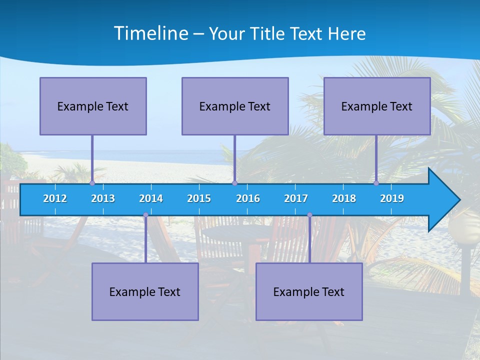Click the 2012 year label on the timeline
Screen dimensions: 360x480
55,198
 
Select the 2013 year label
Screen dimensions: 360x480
103,198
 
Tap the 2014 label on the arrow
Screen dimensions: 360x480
151,198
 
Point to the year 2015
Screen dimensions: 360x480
199,198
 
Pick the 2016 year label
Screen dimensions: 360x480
248,198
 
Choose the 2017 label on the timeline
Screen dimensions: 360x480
296,198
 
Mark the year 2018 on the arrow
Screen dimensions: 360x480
344,198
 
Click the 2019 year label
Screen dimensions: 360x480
392,198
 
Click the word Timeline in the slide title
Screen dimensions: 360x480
150,33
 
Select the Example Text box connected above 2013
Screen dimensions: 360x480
93,106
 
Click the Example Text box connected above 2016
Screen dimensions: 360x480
235,106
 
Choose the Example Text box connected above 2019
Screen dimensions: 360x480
377,106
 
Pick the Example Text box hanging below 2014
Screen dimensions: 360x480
145,291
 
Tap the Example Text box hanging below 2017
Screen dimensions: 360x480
309,291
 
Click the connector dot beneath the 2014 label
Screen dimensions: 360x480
145,215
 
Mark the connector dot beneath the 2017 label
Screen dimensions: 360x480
309,215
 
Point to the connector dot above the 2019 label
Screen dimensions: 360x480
376,183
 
